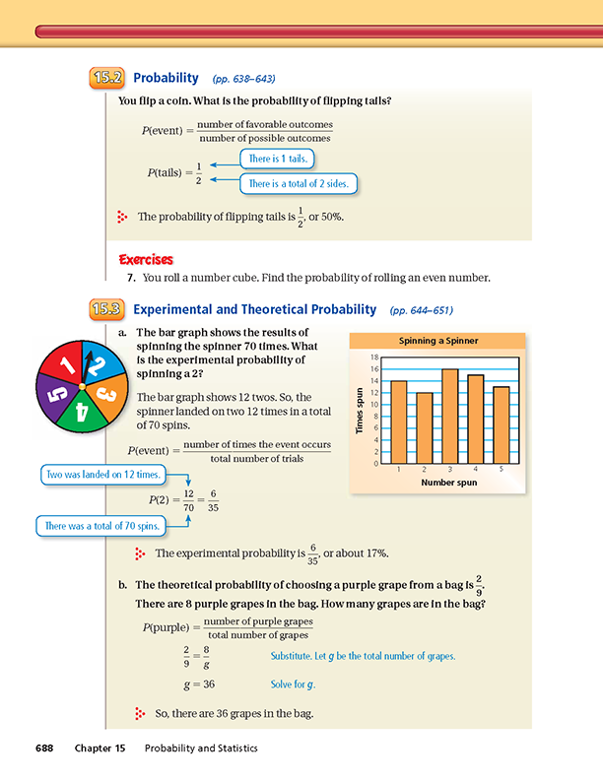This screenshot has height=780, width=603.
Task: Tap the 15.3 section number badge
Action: [105, 309]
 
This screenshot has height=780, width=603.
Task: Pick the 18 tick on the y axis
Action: [375, 356]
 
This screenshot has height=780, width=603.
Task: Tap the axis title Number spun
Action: [449, 484]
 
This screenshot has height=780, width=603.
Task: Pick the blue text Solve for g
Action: [293, 683]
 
